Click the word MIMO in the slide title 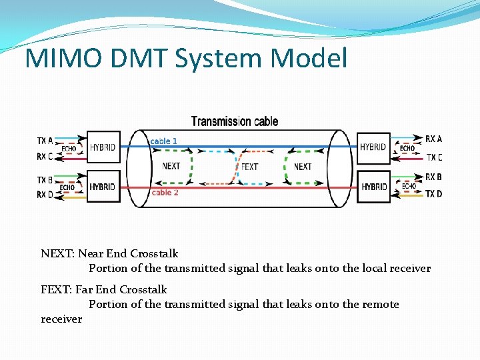(64, 59)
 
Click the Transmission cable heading (235, 121)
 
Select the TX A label (45, 141)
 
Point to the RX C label (45, 157)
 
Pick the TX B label (45, 180)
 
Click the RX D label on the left (45, 195)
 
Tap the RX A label (433, 139)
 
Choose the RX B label (433, 177)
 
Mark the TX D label (433, 194)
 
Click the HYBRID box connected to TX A (102, 147)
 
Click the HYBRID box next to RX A (373, 147)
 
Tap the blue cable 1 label (164, 141)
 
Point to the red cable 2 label (165, 193)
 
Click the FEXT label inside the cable (249, 167)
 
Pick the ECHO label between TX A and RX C (69, 149)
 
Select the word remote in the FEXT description (380, 304)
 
